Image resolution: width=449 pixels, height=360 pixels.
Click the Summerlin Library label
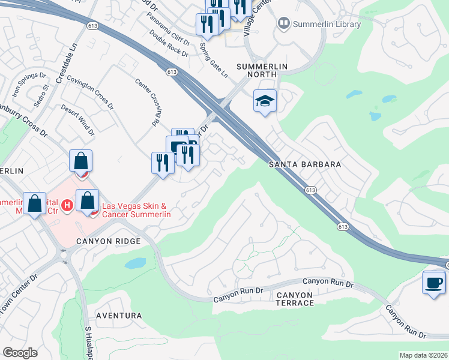point(327,24)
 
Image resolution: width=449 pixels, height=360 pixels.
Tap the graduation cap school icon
point(264,101)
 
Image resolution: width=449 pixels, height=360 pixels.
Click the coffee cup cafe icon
point(433,283)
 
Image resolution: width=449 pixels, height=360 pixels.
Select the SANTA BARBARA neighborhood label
point(305,164)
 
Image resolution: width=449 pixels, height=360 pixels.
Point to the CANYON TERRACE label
point(295,299)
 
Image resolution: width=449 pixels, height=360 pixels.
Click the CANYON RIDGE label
point(108,241)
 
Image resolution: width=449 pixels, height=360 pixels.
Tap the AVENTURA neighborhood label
point(119,316)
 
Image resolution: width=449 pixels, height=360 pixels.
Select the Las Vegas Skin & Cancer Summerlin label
point(137,210)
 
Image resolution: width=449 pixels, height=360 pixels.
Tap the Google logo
point(20,353)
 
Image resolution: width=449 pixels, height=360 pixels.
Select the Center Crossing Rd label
point(147,102)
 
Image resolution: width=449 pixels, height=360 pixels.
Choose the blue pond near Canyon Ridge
point(136,263)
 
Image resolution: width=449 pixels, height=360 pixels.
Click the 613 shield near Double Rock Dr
point(172,71)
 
